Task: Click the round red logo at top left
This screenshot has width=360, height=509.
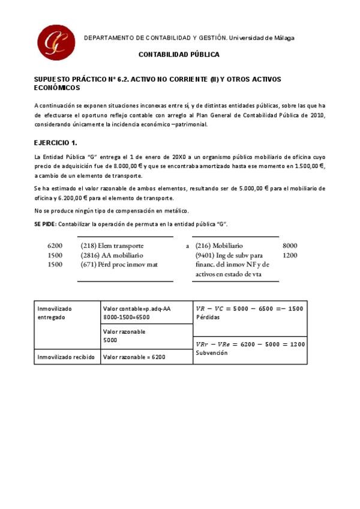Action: pos(56,43)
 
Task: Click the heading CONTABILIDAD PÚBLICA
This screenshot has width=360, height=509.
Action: pos(179,55)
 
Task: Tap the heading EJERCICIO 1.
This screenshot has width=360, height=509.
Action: pos(56,143)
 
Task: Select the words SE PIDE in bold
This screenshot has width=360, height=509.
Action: pos(45,224)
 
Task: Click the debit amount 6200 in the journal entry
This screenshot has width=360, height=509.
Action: pos(55,246)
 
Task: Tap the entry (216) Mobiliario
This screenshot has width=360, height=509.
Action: pos(219,246)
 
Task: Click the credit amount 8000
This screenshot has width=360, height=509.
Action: pos(290,246)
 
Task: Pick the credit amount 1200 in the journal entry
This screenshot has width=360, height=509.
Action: pos(290,255)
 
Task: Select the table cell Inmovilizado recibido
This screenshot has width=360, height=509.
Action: pos(66,357)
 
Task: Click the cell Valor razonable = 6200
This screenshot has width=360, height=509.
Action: pos(134,357)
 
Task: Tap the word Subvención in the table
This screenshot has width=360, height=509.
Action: pos(212,353)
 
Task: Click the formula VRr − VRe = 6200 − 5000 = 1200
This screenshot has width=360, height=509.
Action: pos(250,345)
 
